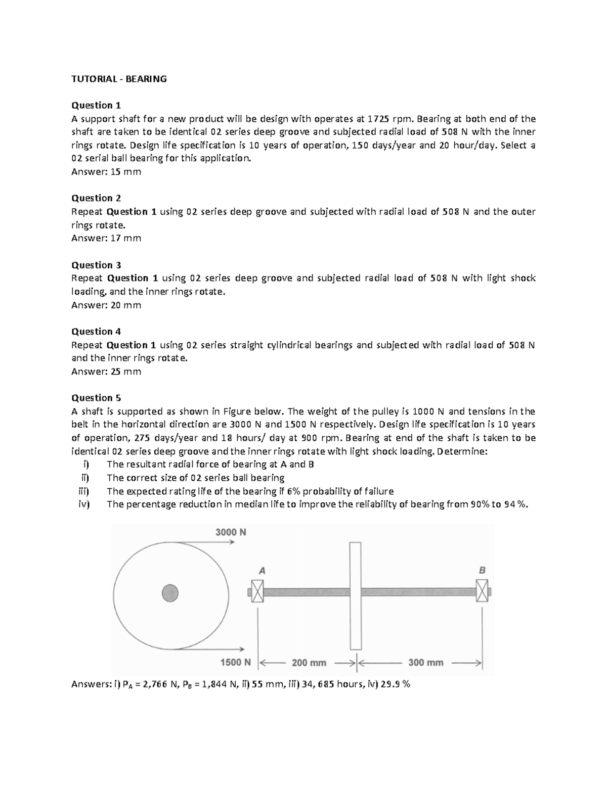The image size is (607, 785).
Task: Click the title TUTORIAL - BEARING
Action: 119,79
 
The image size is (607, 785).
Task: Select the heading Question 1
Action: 96,105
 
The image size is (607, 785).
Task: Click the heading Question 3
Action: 96,265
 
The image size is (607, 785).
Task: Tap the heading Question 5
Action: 96,398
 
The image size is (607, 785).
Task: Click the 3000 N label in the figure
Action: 231,532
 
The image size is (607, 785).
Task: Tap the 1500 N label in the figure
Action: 235,662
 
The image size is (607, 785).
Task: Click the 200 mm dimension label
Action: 309,663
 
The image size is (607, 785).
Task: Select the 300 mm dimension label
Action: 426,663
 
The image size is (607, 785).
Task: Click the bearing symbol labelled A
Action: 257,591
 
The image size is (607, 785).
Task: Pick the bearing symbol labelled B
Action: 482,591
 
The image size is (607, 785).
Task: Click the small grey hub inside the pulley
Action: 170,592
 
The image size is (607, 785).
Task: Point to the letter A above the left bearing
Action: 262,570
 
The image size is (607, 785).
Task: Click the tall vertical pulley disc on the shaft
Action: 356,595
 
